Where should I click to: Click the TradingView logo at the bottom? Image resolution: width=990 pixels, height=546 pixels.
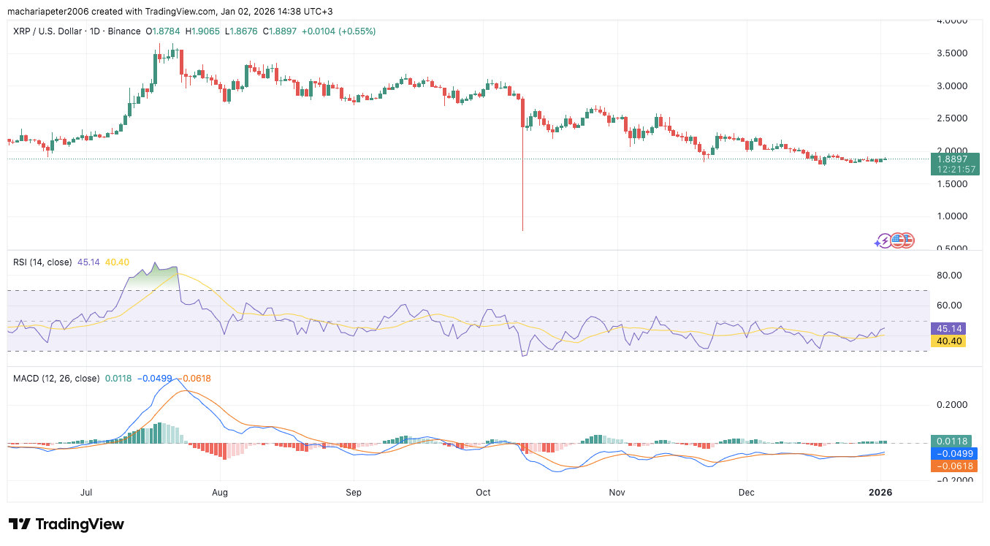tap(66, 524)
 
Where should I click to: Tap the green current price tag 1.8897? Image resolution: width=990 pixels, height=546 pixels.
tap(954, 159)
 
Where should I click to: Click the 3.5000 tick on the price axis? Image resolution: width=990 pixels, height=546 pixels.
tap(953, 53)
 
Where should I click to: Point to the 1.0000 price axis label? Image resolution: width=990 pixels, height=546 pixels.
tap(953, 216)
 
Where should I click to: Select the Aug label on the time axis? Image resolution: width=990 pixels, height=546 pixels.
tap(219, 492)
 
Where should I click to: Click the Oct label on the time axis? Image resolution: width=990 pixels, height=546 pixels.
tap(483, 492)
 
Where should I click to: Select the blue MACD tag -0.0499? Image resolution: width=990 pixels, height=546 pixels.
tap(953, 453)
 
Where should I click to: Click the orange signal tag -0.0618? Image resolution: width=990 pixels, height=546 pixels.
tap(953, 466)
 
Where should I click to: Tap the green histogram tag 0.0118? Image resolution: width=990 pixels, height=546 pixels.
tap(953, 441)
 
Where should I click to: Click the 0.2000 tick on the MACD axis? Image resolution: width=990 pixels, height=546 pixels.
tap(953, 405)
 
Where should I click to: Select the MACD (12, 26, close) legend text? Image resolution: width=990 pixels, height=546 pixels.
tap(56, 378)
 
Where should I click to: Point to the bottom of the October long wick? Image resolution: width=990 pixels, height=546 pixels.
tap(523, 230)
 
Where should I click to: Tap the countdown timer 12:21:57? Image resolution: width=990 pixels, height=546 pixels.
tap(954, 170)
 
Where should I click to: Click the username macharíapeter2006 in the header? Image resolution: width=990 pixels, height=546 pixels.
tap(50, 11)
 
